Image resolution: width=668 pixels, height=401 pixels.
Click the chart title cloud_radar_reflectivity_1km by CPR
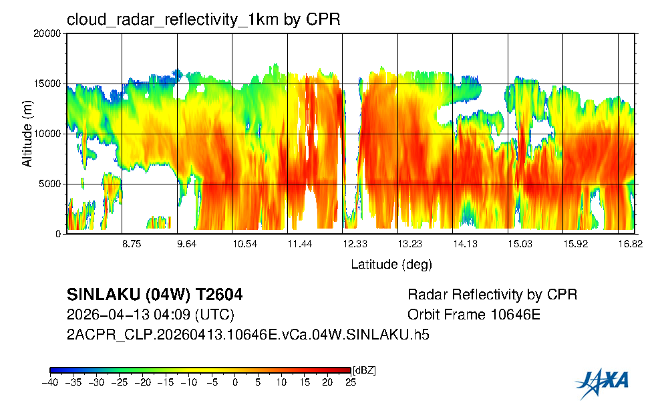coord(203,19)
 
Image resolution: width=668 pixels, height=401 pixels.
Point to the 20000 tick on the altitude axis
coord(51,34)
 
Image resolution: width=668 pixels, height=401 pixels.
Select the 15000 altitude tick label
coord(51,84)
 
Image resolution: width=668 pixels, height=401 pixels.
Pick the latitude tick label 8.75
coord(132,245)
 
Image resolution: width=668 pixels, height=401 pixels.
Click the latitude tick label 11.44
coord(300,245)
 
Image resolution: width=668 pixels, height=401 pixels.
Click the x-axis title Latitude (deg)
coord(391,265)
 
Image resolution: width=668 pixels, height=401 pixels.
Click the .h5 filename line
coord(248,335)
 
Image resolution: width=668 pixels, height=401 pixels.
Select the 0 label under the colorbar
coord(234,382)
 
